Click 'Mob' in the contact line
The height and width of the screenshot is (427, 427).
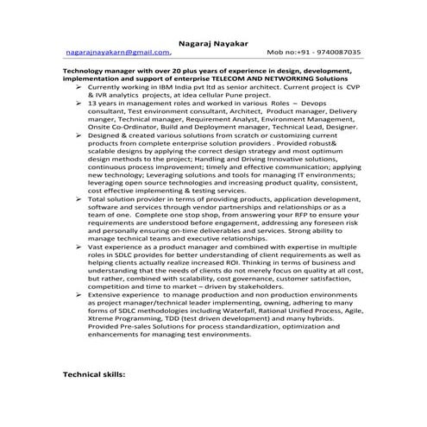[278, 52]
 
